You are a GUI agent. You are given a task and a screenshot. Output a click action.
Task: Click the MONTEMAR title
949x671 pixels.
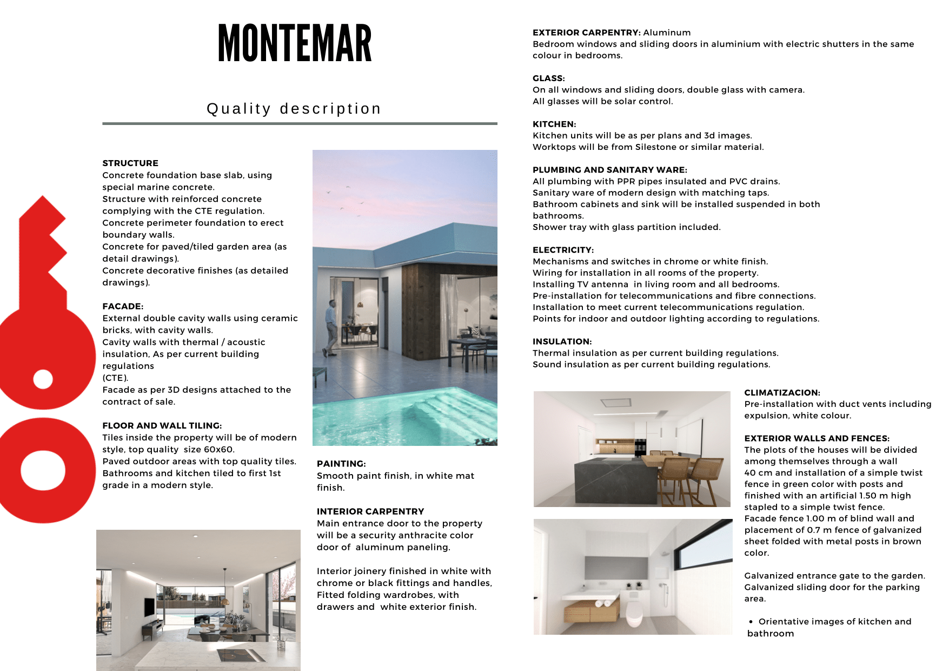pos(295,43)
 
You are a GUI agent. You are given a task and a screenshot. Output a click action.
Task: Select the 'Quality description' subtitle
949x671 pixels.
pos(294,109)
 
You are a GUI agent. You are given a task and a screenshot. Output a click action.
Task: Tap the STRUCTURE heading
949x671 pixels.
pos(130,163)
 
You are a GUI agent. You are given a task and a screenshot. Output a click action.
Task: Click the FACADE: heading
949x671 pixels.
pos(123,306)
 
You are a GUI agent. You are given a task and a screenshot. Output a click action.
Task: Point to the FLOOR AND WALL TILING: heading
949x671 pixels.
pos(162,425)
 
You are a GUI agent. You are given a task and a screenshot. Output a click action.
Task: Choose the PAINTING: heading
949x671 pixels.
pos(341,464)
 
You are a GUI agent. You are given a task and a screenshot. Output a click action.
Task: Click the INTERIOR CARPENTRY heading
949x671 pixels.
pos(370,511)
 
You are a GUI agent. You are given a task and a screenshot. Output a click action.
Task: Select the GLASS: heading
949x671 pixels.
pos(548,78)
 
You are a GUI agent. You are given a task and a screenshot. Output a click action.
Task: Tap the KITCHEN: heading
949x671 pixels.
pos(554,124)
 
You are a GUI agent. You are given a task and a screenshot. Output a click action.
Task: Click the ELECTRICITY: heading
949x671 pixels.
pos(563,250)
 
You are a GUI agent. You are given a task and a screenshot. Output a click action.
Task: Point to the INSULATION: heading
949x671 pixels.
pos(562,341)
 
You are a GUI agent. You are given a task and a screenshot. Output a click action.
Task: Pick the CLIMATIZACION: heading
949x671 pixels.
pos(782,392)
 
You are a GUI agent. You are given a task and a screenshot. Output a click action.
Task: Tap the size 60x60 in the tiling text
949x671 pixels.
pos(217,449)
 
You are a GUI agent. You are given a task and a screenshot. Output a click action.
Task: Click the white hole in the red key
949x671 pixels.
pos(43,379)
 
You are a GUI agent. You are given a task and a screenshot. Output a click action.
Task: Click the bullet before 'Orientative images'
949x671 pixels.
pos(751,622)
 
